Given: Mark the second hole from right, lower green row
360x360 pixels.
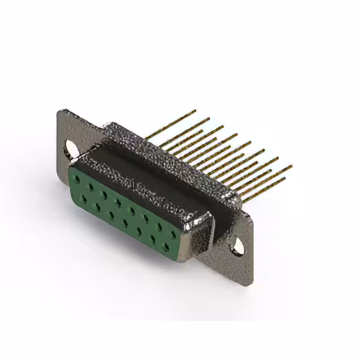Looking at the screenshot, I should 153,238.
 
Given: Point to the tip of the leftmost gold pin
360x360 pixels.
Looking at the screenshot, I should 195,111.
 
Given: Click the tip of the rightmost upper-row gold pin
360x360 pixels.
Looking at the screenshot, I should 291,166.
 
